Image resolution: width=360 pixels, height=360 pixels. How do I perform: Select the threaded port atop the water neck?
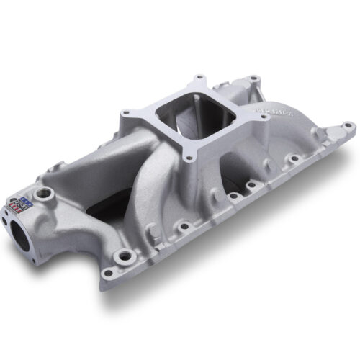pyautogui.click(x=47, y=194)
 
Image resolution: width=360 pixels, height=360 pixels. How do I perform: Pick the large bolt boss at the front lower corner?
pyautogui.click(x=127, y=254)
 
